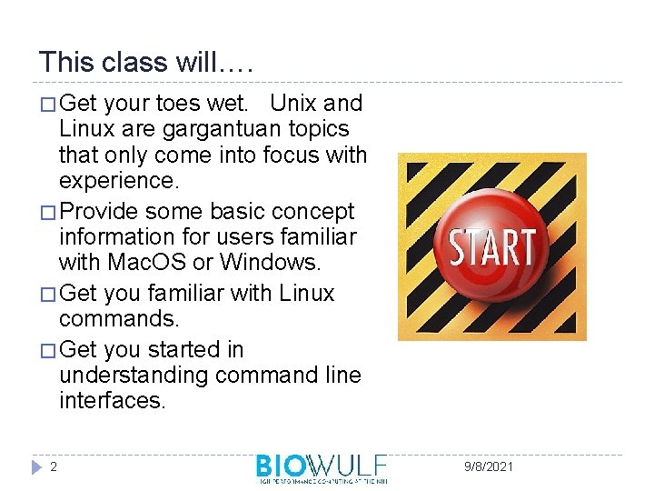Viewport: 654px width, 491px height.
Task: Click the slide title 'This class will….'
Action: pos(146,62)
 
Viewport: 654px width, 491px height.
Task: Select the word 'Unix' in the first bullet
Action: pos(293,104)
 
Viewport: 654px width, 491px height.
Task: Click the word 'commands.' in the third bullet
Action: pos(111,319)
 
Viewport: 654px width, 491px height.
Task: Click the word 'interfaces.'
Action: pos(113,400)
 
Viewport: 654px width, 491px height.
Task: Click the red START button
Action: pos(491,246)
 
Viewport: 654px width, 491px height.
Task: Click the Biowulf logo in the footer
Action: pos(322,467)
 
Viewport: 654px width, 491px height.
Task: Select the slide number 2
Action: pos(54,466)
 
